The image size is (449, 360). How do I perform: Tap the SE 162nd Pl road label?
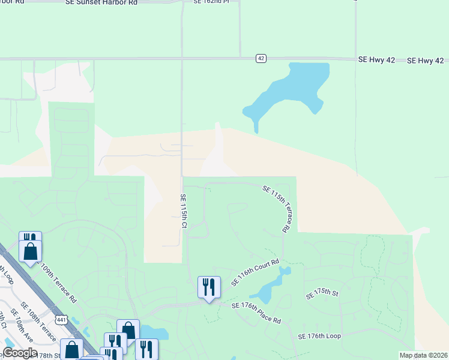(211, 2)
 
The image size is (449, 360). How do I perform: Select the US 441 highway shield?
(61, 321)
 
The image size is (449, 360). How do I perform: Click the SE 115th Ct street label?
(184, 211)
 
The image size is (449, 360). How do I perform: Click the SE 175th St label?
(322, 294)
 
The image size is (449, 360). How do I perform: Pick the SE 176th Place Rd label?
(256, 312)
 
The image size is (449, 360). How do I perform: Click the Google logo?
(20, 353)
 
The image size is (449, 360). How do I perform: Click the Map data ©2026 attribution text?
(424, 355)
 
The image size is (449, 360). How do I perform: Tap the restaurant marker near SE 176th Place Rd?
(209, 287)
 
